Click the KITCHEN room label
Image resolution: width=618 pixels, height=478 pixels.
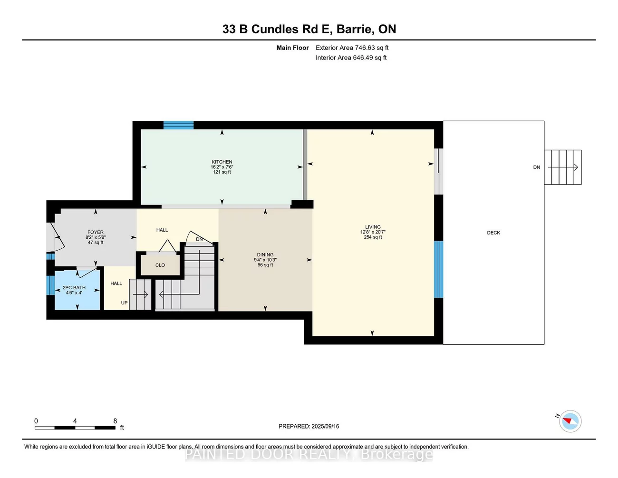click(x=222, y=162)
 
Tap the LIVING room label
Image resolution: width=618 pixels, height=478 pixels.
click(x=373, y=227)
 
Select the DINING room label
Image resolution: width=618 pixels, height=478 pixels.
click(x=265, y=254)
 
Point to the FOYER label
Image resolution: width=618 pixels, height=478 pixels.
click(x=96, y=232)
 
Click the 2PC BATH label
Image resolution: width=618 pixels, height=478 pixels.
click(x=74, y=287)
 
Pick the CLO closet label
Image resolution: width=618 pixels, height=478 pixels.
click(x=160, y=265)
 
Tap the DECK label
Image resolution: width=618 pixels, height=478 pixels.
click(x=493, y=233)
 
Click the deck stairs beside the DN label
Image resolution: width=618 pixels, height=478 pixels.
click(x=563, y=167)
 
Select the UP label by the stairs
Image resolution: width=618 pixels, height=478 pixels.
click(x=124, y=302)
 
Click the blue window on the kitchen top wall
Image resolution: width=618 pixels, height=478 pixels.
click(x=178, y=125)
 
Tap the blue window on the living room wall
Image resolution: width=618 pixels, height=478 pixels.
click(x=438, y=269)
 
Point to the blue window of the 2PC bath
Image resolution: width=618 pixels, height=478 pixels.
click(x=50, y=285)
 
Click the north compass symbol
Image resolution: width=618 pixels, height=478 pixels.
click(x=570, y=421)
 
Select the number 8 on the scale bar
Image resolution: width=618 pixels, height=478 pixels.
click(x=115, y=421)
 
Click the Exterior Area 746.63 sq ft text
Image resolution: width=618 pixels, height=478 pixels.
click(x=352, y=48)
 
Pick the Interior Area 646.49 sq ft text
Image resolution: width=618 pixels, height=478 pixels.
click(x=351, y=58)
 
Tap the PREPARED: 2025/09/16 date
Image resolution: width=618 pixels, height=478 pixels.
click(x=309, y=426)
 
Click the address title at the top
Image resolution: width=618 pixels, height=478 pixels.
click(x=309, y=29)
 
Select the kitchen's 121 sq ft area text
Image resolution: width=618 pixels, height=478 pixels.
click(x=222, y=172)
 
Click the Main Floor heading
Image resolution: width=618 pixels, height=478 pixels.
click(x=292, y=48)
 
